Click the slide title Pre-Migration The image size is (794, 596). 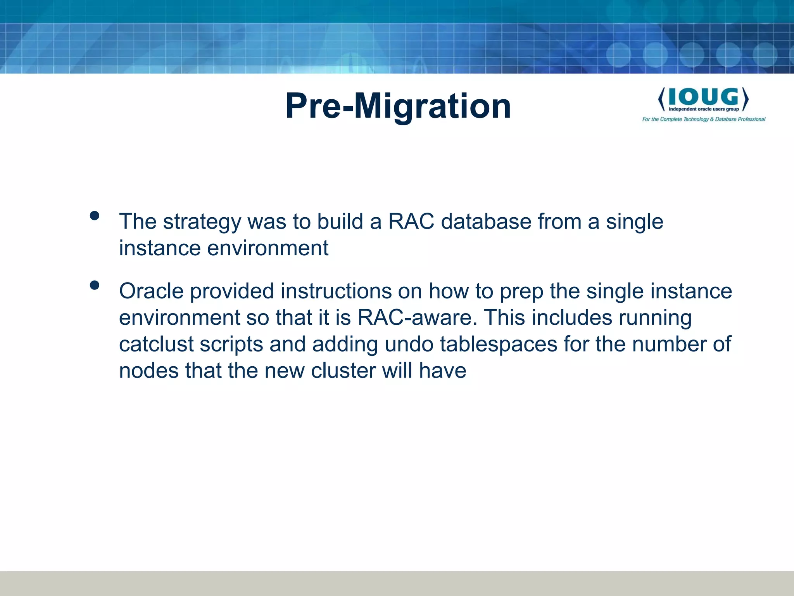coord(398,106)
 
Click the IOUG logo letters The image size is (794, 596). coord(703,97)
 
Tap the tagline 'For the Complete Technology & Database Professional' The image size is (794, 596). coord(704,119)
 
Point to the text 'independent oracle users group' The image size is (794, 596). coord(704,109)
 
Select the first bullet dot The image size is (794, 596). coord(94,216)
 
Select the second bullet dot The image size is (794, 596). coord(94,286)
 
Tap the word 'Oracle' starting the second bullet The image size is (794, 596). coord(151,291)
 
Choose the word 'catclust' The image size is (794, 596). coord(156,344)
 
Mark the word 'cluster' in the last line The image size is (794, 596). coord(343,371)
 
